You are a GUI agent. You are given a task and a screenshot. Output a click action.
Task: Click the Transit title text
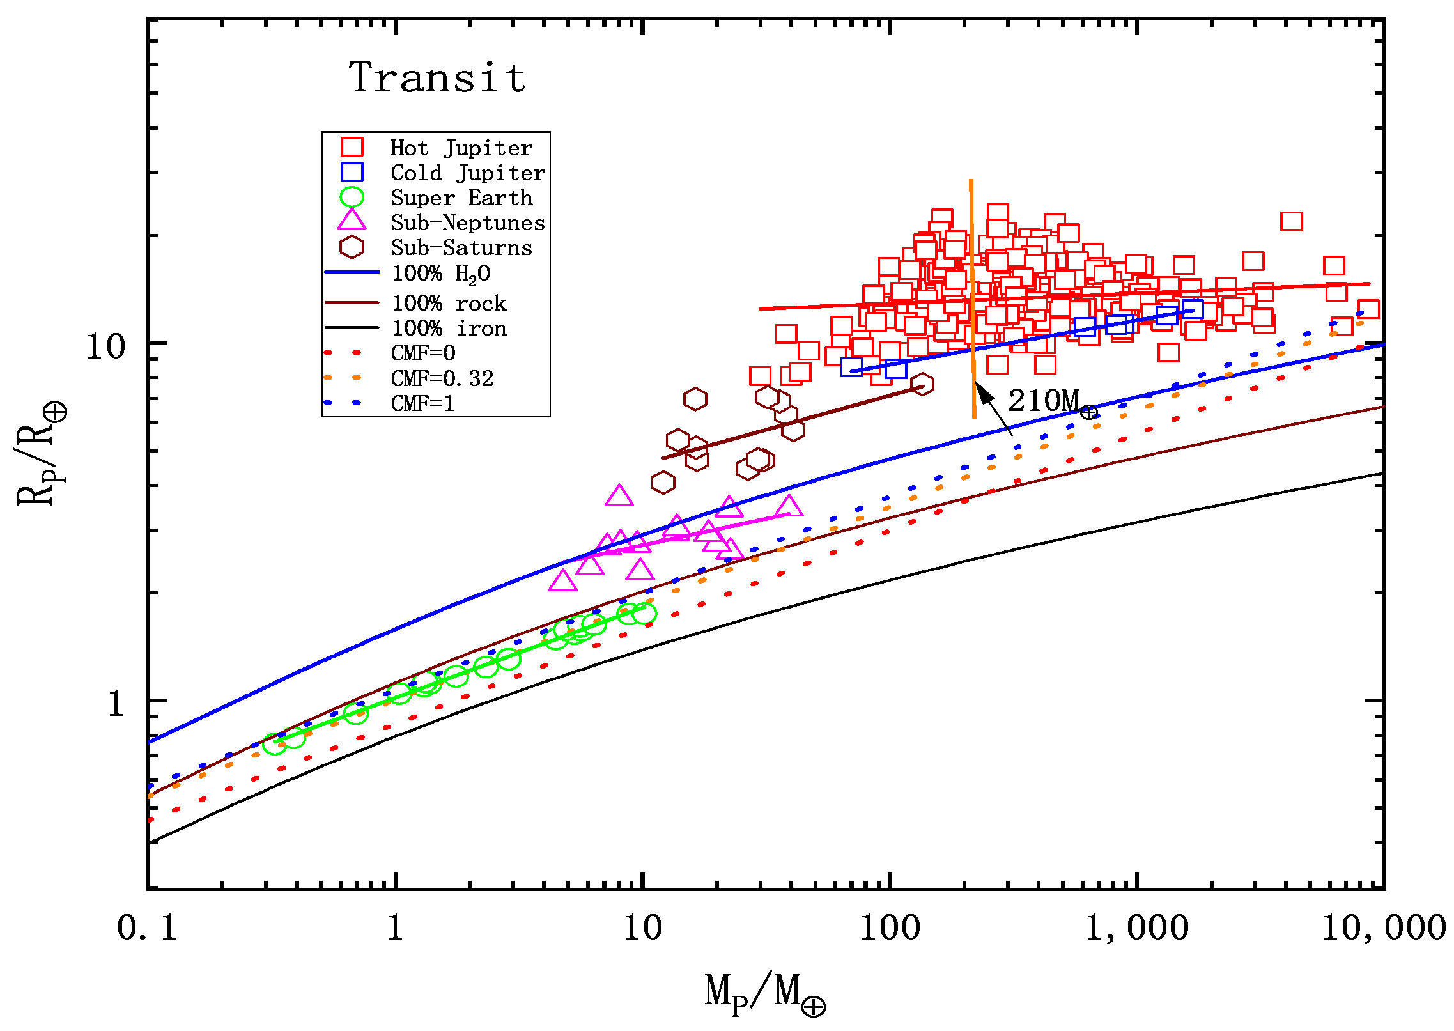tap(437, 78)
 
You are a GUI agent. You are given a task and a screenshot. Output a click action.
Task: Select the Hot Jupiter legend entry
tap(460, 148)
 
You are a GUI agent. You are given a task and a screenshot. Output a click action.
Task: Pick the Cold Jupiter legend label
tap(467, 173)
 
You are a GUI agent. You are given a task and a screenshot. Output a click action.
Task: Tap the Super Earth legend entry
tap(461, 198)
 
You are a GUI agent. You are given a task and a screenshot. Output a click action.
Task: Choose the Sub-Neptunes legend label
tap(467, 222)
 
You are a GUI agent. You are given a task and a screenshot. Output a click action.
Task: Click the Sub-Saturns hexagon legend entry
tap(461, 247)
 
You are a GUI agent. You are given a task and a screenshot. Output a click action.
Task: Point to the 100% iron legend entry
tap(448, 328)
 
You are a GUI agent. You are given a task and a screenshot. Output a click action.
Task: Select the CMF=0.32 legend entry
tap(442, 378)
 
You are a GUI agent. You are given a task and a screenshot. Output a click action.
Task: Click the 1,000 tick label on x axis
tap(1137, 927)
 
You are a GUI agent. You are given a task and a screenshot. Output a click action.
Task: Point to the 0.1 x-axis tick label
tap(147, 927)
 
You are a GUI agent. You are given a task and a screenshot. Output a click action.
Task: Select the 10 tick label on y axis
tap(106, 347)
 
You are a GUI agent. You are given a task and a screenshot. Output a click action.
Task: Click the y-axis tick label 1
tap(116, 704)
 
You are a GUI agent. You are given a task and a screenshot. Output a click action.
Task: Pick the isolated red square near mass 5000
tap(1291, 221)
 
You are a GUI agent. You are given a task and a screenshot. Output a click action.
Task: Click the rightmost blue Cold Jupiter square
tap(1192, 309)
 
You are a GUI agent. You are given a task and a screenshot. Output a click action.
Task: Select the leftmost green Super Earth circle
tap(275, 743)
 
